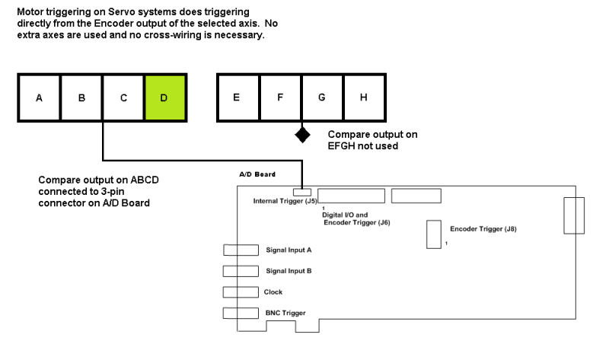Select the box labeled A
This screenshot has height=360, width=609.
click(x=39, y=97)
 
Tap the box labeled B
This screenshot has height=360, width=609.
click(x=81, y=97)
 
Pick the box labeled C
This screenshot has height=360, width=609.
click(x=123, y=97)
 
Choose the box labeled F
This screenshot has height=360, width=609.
click(x=280, y=97)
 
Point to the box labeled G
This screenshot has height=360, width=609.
click(x=322, y=97)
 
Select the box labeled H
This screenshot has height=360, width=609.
click(x=365, y=97)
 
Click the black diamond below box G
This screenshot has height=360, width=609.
click(x=303, y=135)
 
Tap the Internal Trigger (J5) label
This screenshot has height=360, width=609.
click(x=285, y=202)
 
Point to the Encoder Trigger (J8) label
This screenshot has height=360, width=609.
click(x=483, y=228)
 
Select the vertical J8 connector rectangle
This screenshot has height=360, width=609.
click(x=434, y=234)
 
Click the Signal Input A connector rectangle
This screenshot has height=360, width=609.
click(x=241, y=250)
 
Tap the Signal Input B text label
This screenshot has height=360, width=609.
click(x=289, y=271)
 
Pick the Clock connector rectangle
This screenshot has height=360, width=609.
click(x=241, y=292)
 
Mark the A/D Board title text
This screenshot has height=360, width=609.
click(x=258, y=175)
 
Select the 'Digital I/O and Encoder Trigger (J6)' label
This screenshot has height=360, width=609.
click(x=356, y=219)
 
